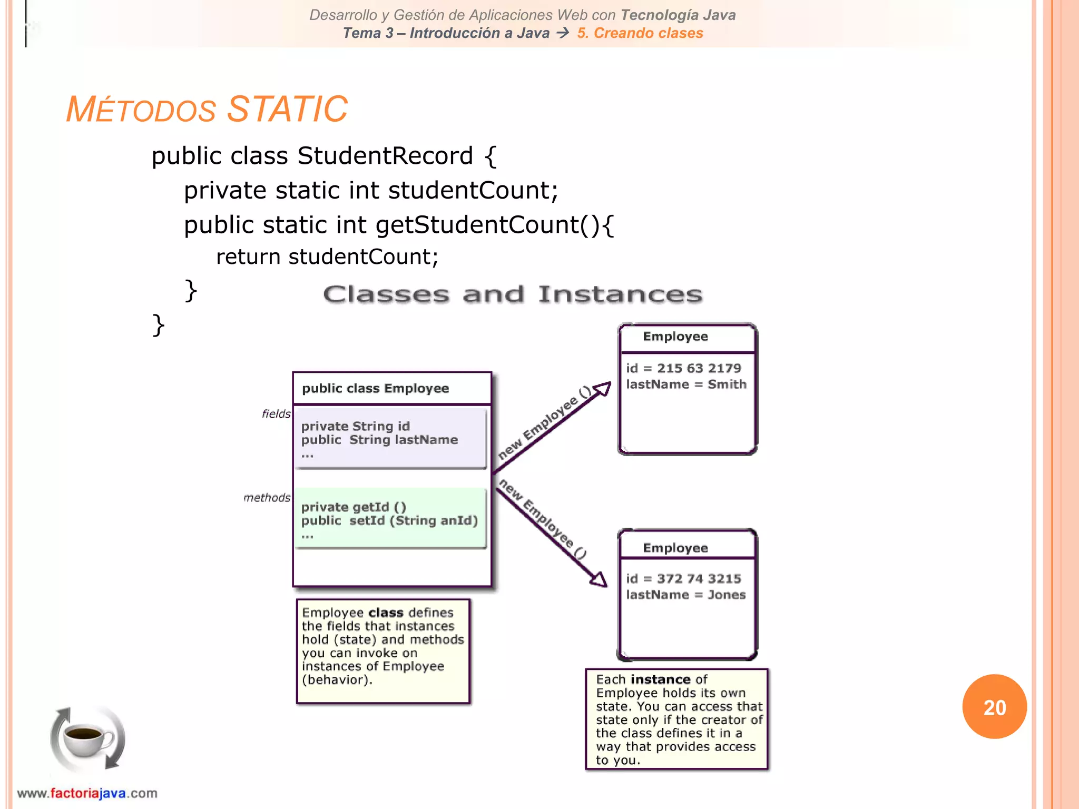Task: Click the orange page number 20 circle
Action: (994, 707)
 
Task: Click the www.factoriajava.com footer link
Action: (87, 793)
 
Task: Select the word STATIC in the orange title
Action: (288, 110)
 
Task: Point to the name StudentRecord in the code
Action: (385, 156)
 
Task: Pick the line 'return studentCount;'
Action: (327, 257)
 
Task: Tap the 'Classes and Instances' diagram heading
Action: (513, 294)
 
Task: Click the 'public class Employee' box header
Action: (375, 389)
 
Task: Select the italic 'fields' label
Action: (276, 414)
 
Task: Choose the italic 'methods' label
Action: (267, 498)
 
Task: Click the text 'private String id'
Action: (355, 426)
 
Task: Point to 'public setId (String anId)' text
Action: (389, 521)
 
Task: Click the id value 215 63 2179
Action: (699, 368)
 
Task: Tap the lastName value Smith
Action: (727, 384)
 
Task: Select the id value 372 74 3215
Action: (699, 579)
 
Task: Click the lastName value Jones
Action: (727, 595)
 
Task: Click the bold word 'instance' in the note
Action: (661, 680)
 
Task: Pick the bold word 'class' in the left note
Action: (386, 613)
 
